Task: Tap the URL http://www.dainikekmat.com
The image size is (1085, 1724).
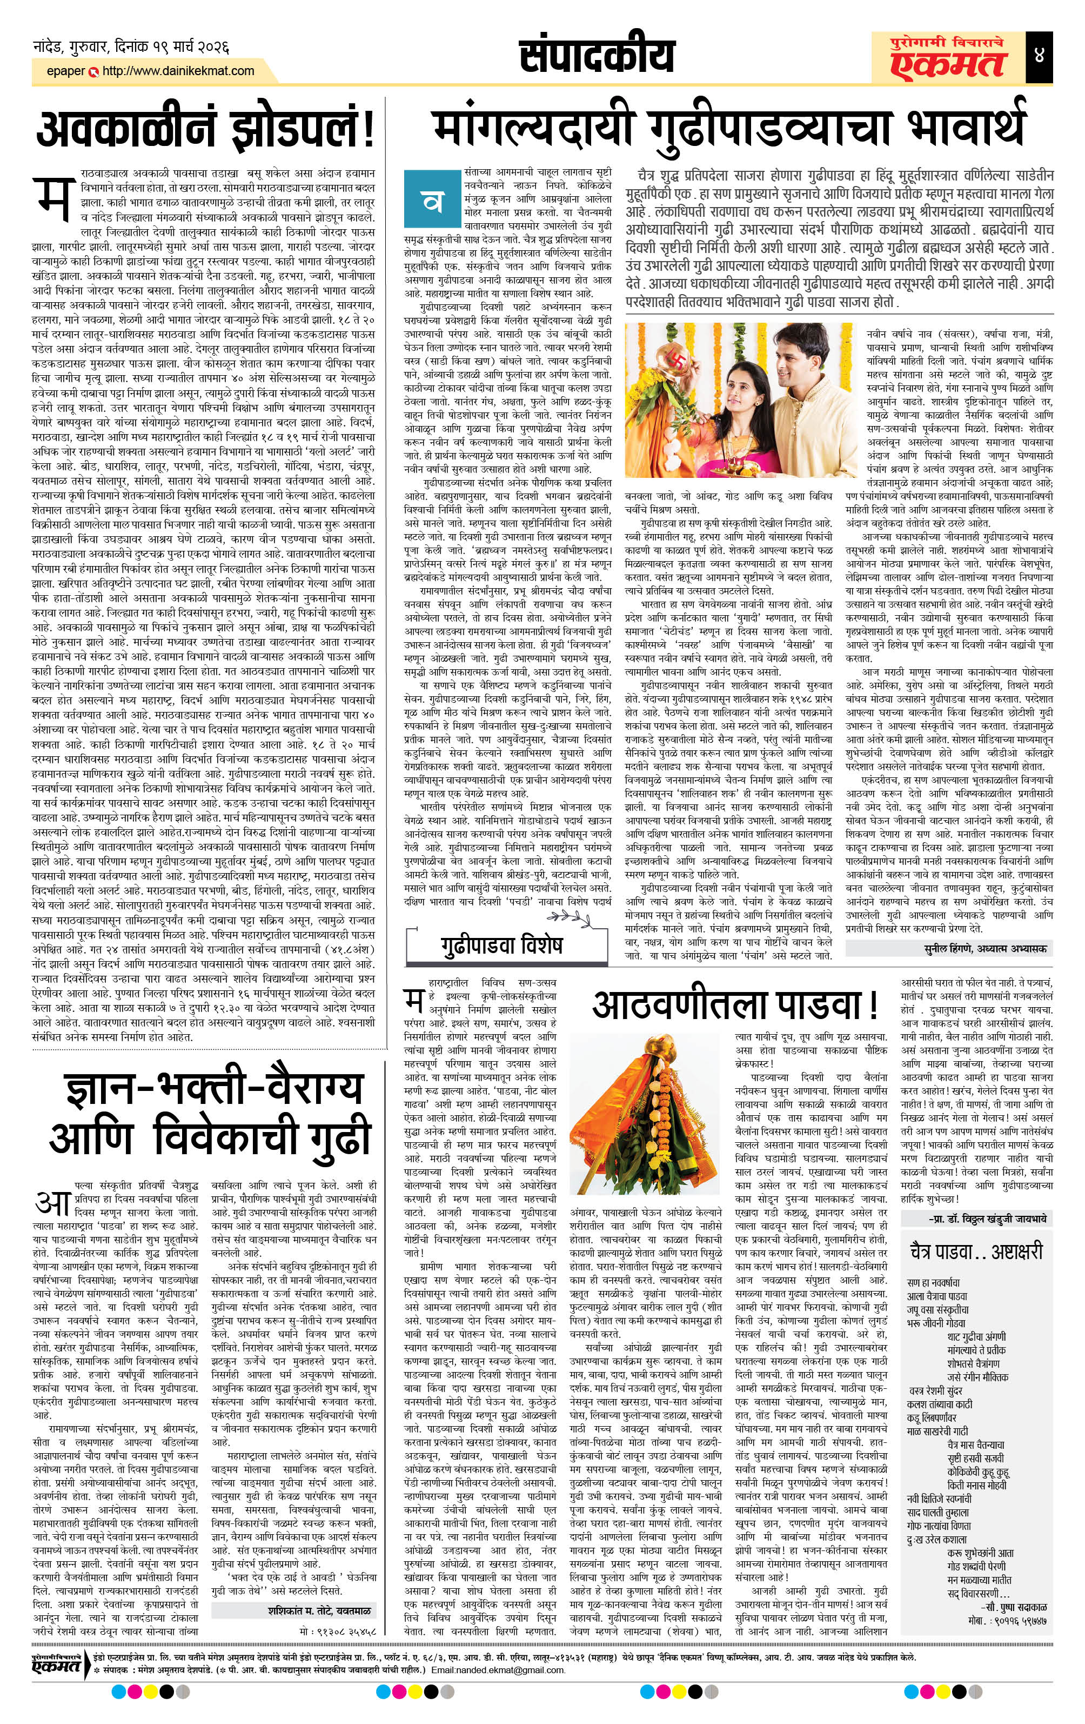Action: coord(178,71)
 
